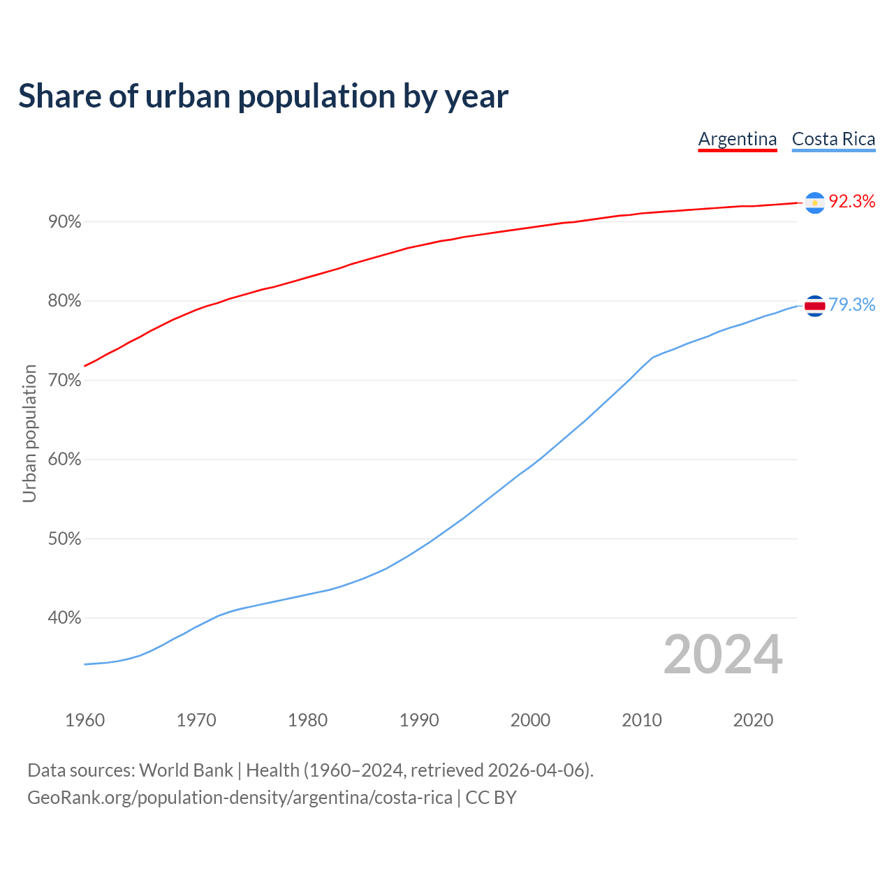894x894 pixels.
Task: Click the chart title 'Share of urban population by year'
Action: tap(263, 96)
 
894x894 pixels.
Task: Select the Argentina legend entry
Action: tap(738, 139)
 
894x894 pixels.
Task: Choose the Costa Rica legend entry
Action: tap(833, 139)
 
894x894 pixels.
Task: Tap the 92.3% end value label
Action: tap(851, 202)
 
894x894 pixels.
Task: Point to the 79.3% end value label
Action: tap(851, 305)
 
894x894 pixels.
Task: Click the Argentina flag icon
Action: tap(814, 203)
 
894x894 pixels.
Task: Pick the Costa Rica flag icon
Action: tap(814, 306)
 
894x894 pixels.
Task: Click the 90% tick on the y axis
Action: tap(65, 222)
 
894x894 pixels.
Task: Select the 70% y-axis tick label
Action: tap(65, 381)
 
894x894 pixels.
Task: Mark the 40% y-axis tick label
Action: tap(65, 618)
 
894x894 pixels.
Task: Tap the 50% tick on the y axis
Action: tap(65, 539)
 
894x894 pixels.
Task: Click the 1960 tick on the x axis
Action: tap(85, 720)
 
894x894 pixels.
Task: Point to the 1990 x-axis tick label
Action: tap(419, 720)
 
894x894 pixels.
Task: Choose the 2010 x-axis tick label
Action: tap(642, 720)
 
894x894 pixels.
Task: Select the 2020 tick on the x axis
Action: tap(753, 720)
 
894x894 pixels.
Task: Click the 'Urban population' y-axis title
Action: tap(29, 433)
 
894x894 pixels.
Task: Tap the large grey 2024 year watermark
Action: tap(723, 655)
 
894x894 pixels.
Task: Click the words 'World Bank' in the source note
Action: tap(186, 770)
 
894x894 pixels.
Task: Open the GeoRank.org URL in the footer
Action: tap(240, 798)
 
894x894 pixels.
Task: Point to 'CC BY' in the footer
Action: tap(491, 798)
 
